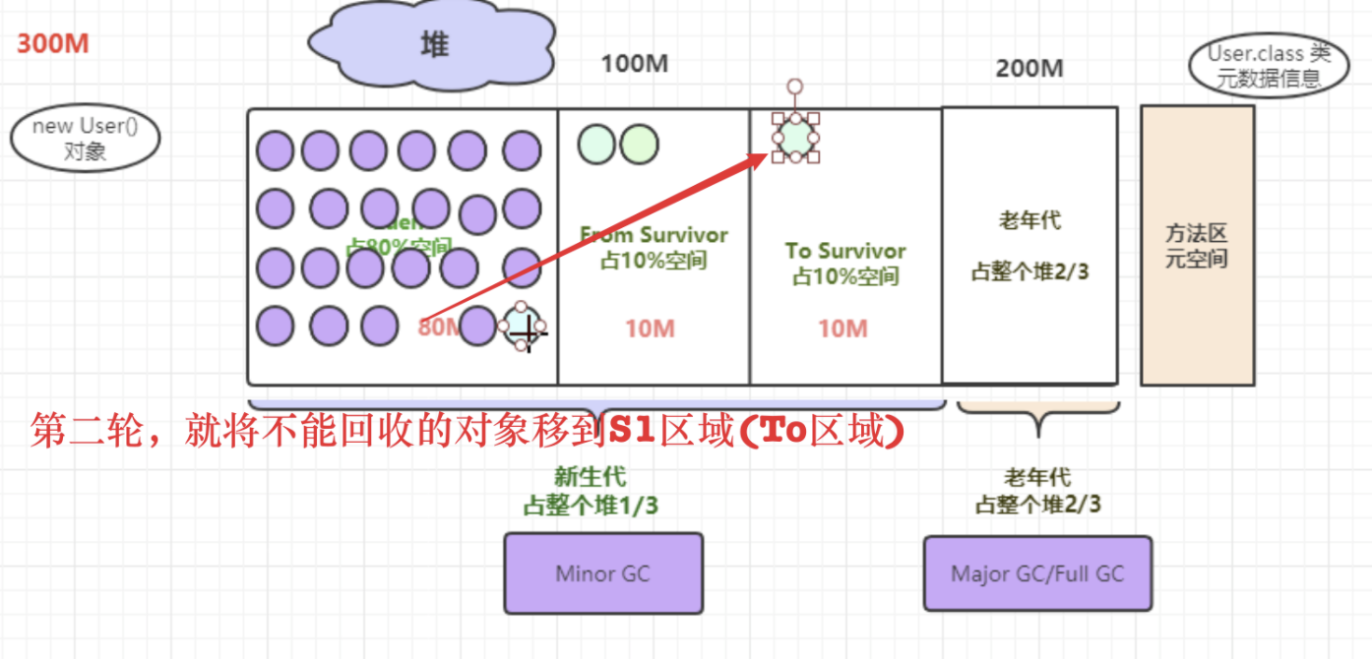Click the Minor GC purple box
point(603,573)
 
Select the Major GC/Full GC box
point(1037,573)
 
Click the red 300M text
point(53,44)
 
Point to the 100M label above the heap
point(635,65)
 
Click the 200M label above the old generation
point(1029,69)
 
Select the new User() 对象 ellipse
point(85,140)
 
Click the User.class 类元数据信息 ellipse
point(1269,67)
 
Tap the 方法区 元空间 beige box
point(1197,246)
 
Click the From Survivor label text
point(654,236)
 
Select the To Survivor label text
point(845,251)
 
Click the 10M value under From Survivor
point(650,329)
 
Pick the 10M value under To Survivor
point(843,329)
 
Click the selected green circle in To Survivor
point(795,138)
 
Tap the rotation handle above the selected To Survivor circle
point(795,87)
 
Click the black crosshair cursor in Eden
point(528,334)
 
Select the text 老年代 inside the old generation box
point(1029,220)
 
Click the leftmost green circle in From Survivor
point(595,145)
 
